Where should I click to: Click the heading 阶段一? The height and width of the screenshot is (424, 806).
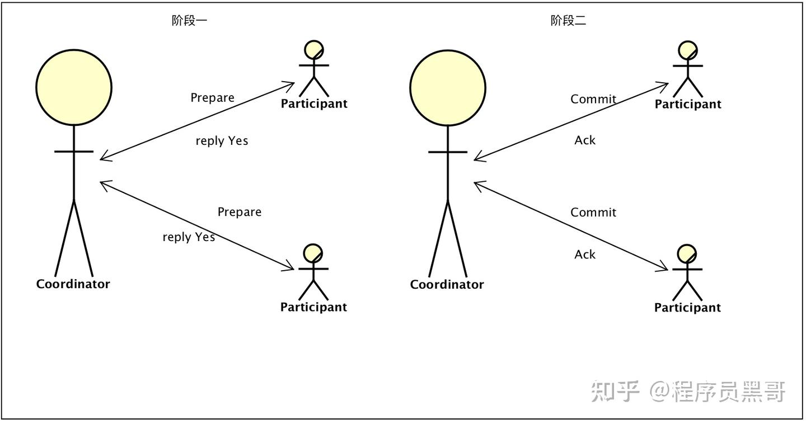point(189,21)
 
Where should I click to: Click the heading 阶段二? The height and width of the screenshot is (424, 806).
point(568,21)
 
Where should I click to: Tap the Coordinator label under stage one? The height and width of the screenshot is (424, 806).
point(73,284)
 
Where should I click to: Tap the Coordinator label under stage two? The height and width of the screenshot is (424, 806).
point(447,285)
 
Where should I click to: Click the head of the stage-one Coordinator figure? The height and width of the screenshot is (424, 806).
point(74,87)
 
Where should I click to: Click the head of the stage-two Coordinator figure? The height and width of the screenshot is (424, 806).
point(448,87)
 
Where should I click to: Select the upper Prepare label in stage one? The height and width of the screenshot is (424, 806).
point(212,98)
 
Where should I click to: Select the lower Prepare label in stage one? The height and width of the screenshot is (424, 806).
point(239,212)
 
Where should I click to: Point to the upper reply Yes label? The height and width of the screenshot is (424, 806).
point(222,141)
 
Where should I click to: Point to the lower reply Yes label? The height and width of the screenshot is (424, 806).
point(189,237)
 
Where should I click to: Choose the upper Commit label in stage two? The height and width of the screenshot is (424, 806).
point(593,99)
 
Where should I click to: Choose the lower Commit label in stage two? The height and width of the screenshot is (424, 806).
point(593,213)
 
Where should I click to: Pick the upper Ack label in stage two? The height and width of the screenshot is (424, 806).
point(585,140)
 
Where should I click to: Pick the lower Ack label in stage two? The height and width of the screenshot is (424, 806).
point(585,255)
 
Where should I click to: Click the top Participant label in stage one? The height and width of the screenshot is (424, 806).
point(314,104)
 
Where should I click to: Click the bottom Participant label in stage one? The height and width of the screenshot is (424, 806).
point(313,307)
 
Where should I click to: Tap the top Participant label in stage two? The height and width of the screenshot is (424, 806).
point(688,105)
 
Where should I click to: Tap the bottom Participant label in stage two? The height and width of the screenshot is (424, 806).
point(687,308)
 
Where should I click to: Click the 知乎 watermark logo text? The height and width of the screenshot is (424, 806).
point(615,391)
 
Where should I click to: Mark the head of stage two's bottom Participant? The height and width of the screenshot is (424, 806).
point(687,254)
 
